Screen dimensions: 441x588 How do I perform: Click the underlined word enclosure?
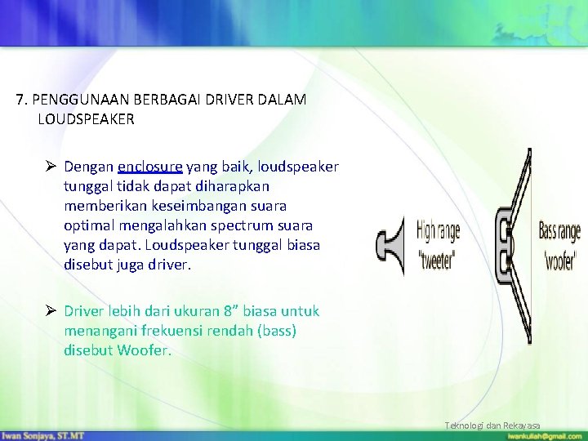150,167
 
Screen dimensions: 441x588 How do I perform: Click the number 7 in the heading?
20,100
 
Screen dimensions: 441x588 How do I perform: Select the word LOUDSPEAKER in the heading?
86,119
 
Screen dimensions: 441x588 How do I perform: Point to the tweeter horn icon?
390,244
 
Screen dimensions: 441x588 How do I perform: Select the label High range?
439,232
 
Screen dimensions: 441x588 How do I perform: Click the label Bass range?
559,231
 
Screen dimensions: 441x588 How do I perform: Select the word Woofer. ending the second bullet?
145,350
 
